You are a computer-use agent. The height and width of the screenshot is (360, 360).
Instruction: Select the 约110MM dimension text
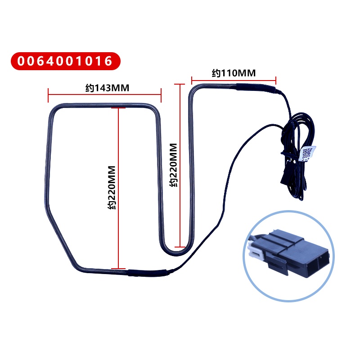tap(233, 72)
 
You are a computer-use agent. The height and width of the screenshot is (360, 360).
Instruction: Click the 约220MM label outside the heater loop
tap(174, 164)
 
